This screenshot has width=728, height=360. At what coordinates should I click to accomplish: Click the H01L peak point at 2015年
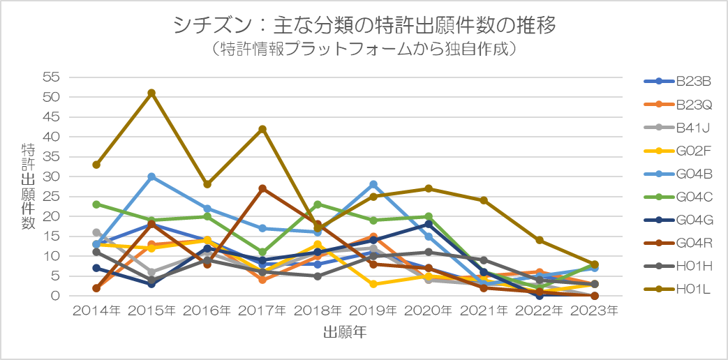tap(151, 93)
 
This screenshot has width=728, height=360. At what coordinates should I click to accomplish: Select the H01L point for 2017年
tap(262, 129)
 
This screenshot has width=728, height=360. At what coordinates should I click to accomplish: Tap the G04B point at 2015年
tap(151, 177)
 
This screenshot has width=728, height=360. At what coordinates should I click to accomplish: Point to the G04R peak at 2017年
tap(262, 188)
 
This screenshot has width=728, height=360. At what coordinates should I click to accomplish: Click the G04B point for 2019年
tap(373, 184)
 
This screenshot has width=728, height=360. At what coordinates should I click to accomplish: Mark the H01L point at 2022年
tap(540, 240)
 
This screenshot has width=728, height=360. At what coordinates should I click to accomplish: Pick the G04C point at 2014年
tap(96, 204)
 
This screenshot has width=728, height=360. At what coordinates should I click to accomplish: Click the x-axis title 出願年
tap(345, 333)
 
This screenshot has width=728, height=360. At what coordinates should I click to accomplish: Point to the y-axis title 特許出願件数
tap(28, 187)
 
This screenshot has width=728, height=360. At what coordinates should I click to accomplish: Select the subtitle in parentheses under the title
tap(364, 50)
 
